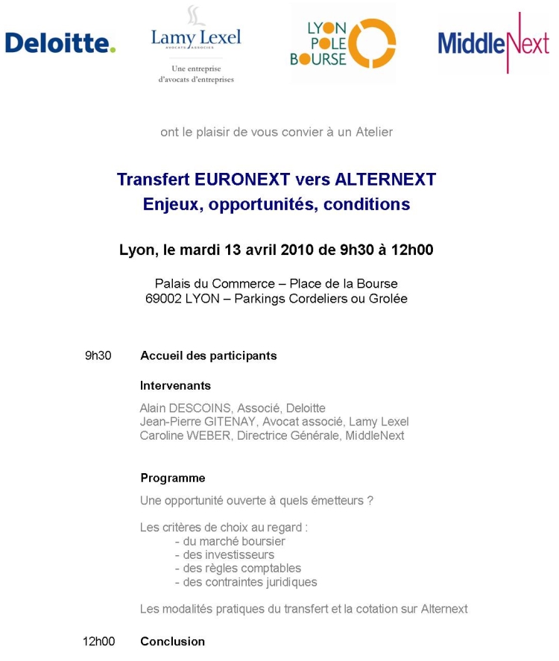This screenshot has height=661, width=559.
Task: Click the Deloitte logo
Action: click(60, 42)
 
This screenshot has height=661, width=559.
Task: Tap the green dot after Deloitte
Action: click(113, 50)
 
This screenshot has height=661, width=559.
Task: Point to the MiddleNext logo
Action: click(492, 43)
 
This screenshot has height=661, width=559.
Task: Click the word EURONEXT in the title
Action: click(241, 180)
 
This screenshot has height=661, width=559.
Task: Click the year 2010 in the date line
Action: click(297, 250)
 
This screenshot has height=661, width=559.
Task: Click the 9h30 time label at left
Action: click(98, 355)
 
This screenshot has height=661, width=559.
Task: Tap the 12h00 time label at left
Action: click(98, 641)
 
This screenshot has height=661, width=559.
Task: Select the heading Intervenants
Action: click(175, 385)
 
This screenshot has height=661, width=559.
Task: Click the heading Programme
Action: click(172, 478)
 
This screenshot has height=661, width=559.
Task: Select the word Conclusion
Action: click(172, 641)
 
